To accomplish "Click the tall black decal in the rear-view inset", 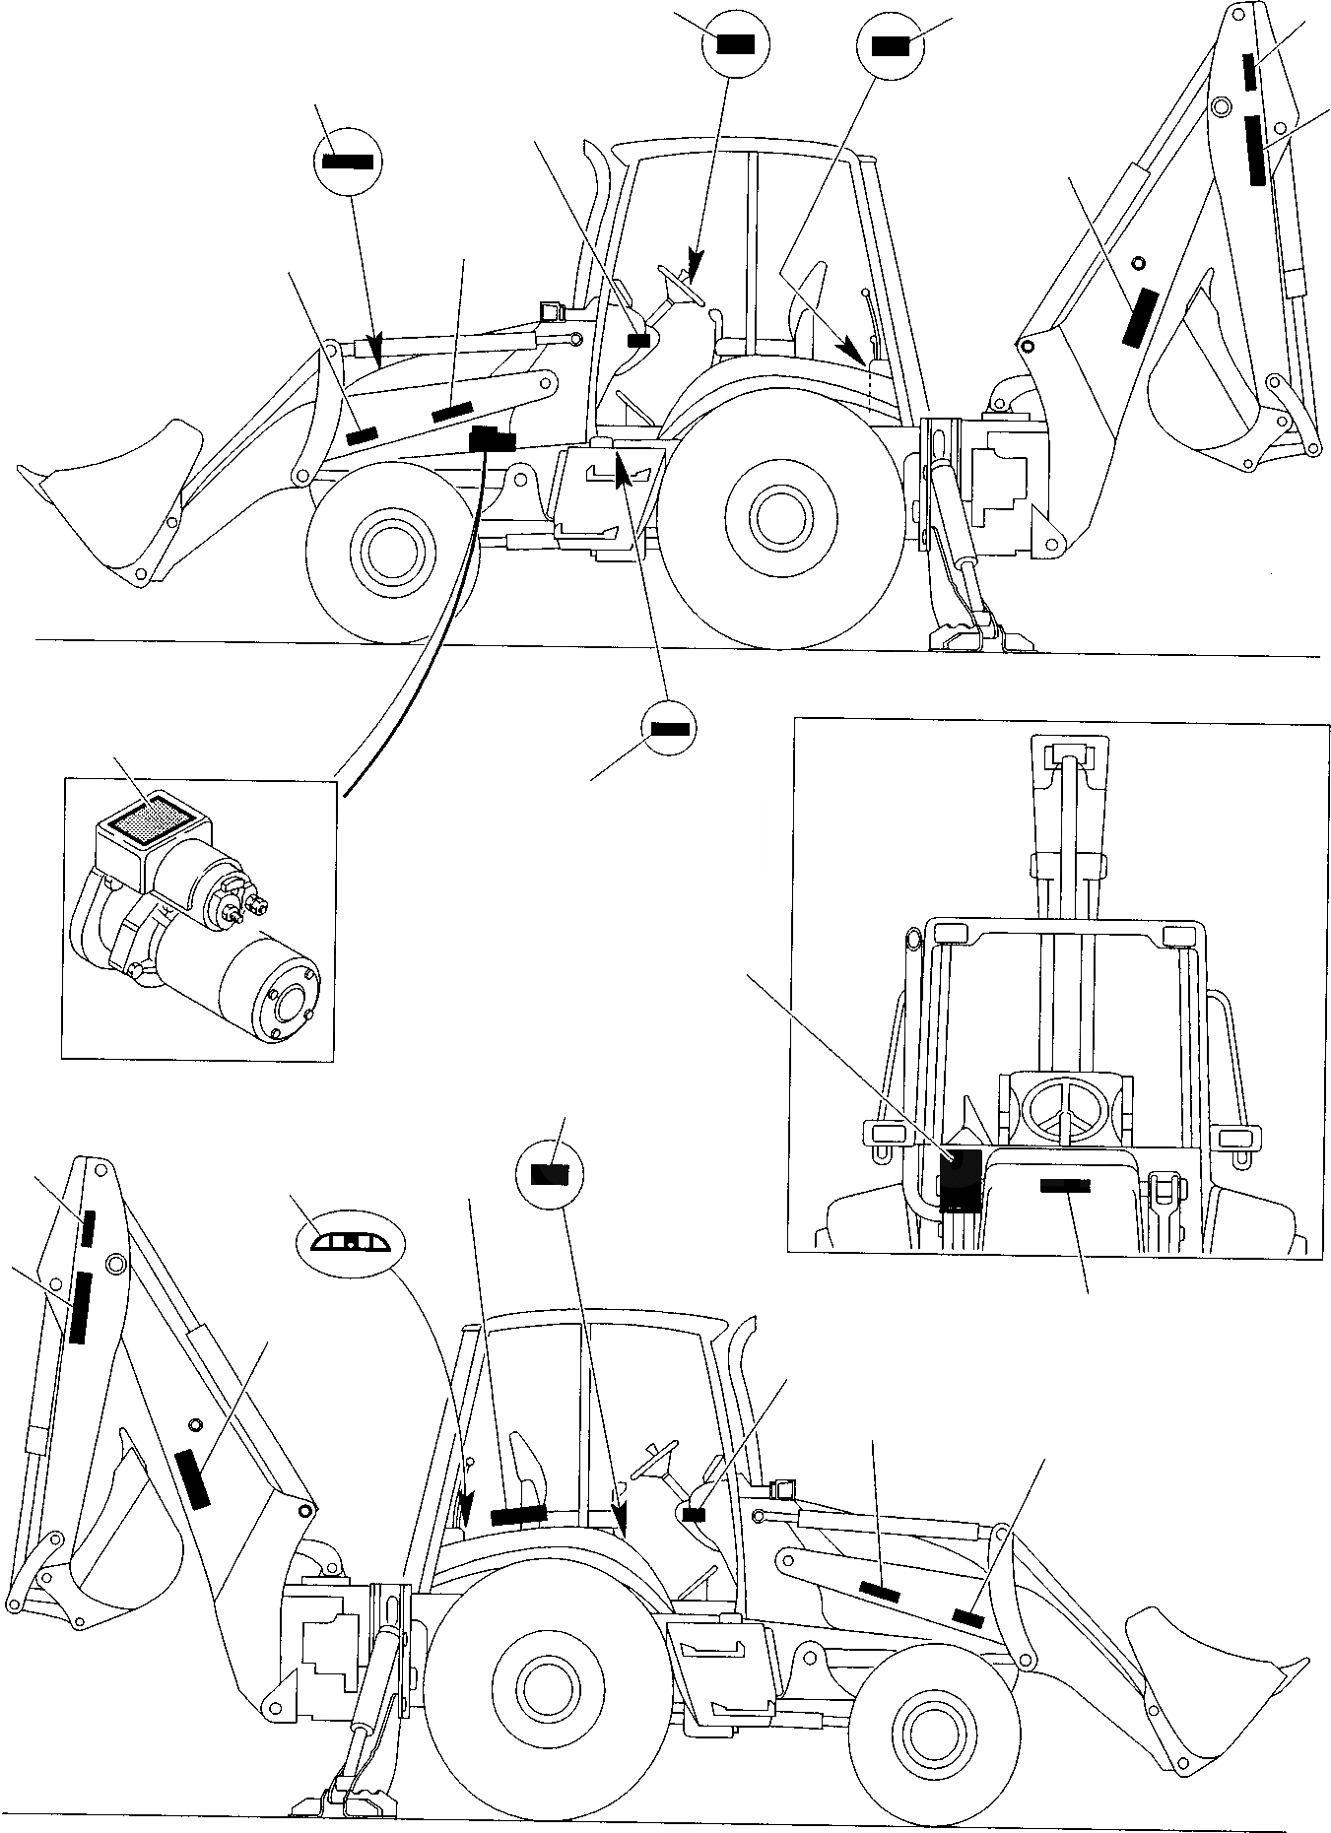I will (x=960, y=1181).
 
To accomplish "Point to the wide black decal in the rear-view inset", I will (x=1065, y=1186).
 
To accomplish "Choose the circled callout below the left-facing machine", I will (x=669, y=729).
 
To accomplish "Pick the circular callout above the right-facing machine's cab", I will (x=551, y=1174).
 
